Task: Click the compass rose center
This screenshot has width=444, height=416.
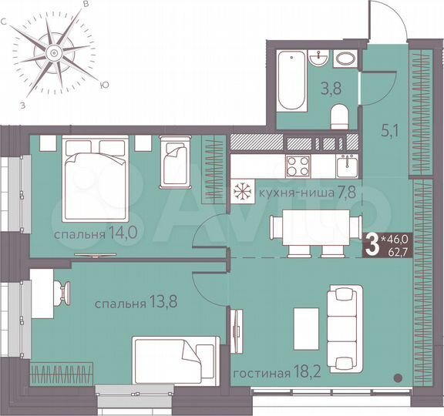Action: coord(54,52)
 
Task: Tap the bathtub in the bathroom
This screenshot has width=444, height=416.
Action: coord(291,79)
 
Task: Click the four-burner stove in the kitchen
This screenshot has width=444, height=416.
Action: coord(298,165)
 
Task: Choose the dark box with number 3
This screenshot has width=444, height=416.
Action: coord(372,245)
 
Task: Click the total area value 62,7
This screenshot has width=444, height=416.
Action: coord(396,250)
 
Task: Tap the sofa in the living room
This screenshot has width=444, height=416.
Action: coord(345,325)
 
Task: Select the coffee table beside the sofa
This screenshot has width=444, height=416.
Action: coord(308,326)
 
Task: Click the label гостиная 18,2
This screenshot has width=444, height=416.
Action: coord(270,374)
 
